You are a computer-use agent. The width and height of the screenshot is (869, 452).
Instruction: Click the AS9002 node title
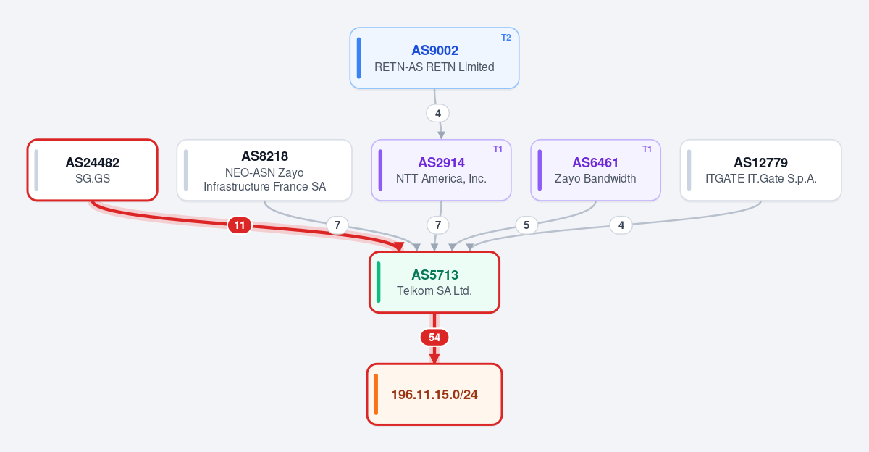pos(434,51)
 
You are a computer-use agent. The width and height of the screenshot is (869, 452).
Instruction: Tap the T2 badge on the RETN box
pos(506,38)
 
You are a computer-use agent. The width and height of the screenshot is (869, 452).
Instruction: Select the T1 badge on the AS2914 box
pos(498,149)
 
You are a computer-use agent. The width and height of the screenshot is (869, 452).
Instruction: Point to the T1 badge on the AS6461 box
pos(647,149)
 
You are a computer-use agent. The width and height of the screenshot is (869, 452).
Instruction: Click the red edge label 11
pos(240,225)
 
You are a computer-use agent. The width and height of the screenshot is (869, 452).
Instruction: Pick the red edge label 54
pos(434,337)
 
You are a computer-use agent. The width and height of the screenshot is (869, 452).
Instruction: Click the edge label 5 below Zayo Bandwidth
pos(526,225)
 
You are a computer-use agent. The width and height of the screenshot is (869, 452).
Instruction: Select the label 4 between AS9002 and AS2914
pos(438,114)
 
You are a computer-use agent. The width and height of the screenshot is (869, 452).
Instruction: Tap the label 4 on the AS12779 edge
pos(621,225)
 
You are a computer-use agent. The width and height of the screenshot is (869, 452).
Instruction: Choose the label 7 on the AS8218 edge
pos(337,225)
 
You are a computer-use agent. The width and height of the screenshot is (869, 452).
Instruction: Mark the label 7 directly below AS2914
pos(438,225)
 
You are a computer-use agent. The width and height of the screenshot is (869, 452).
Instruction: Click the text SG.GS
pos(93,178)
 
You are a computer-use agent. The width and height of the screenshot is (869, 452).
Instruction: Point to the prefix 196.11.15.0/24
pos(434,395)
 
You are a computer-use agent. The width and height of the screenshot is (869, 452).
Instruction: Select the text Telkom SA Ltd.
pos(434,290)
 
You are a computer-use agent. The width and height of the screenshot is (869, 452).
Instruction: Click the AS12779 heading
pos(761,162)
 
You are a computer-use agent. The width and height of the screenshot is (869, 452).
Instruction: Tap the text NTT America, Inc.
pos(441,178)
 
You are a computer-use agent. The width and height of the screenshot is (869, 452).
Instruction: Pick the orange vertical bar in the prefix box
pos(376,394)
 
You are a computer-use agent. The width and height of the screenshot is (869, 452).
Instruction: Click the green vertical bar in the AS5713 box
pos(379,282)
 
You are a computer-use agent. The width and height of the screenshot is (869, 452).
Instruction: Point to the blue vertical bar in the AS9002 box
pos(359,58)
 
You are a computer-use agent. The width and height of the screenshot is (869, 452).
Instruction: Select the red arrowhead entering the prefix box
pos(434,359)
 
